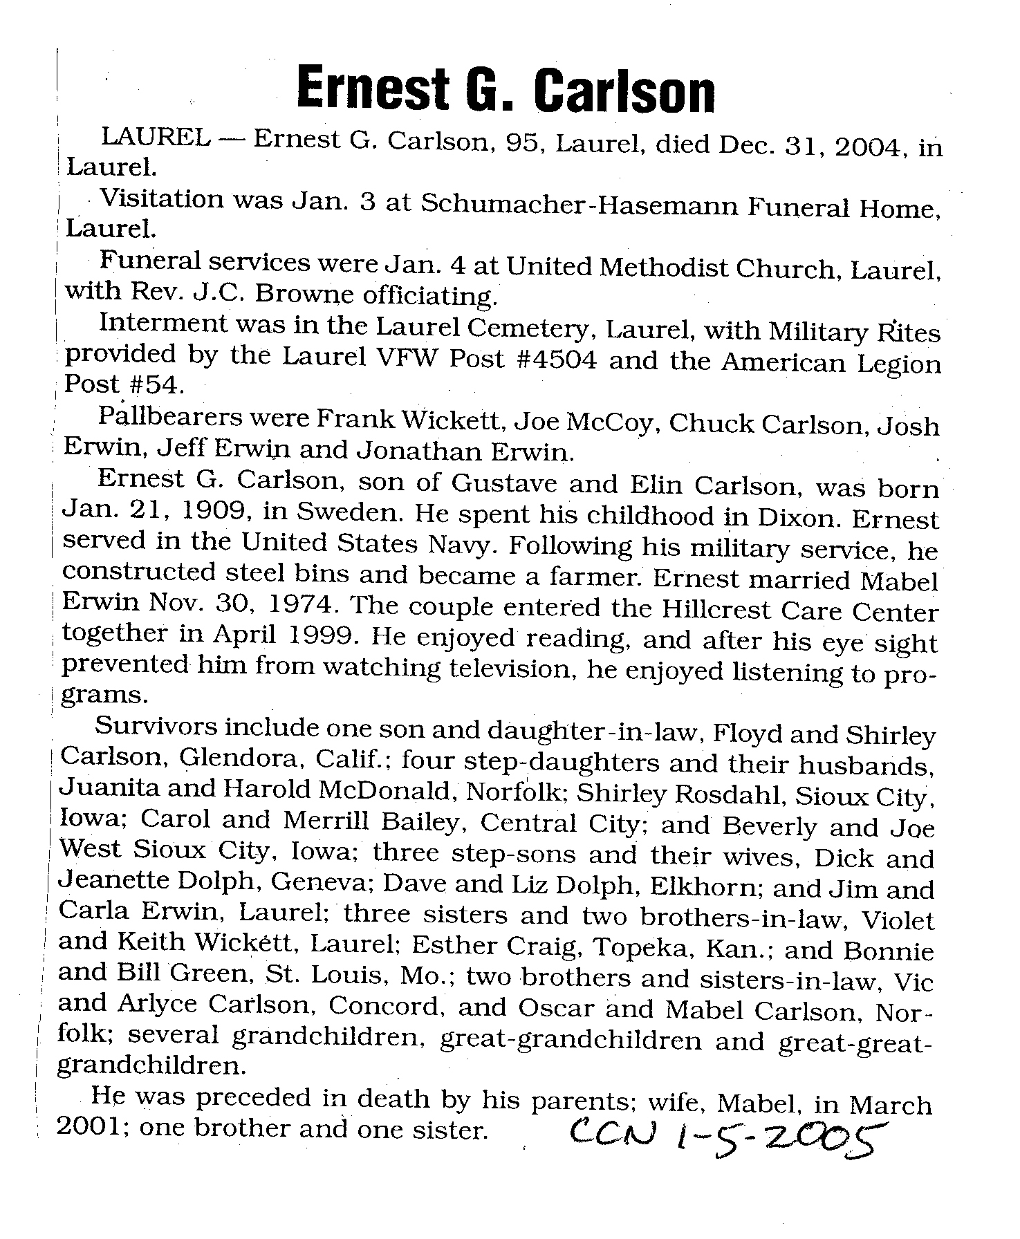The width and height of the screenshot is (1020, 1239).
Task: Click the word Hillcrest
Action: coord(716,610)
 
